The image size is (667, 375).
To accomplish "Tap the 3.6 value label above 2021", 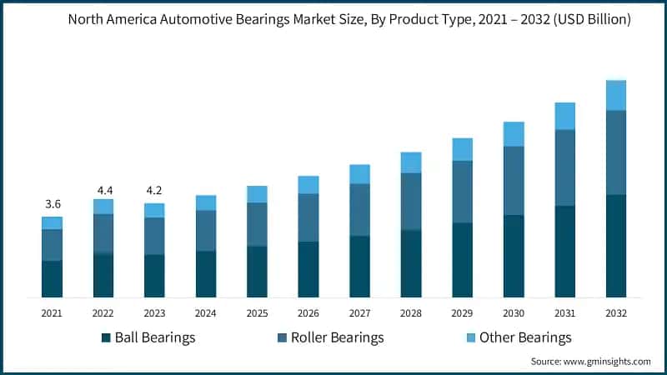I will tap(53, 204).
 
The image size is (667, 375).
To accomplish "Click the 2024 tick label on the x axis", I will tap(206, 312).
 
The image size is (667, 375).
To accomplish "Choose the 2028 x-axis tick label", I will tap(411, 312).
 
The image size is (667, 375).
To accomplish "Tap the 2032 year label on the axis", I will tap(616, 312).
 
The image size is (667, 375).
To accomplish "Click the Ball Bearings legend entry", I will tap(148, 337).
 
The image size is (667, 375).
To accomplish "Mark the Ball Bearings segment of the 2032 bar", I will tap(616, 246).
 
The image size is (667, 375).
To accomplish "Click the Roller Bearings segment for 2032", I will tap(616, 152).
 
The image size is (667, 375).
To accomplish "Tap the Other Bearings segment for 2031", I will tap(565, 116).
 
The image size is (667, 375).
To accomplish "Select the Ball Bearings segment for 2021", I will tap(53, 279).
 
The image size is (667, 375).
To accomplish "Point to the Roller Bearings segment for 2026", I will tap(308, 217).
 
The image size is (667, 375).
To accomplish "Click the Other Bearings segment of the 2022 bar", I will tap(103, 206).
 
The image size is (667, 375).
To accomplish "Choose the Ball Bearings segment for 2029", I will tap(463, 260).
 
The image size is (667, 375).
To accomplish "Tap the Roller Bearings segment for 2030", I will tap(514, 181).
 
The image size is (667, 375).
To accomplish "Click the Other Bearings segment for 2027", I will tap(360, 173).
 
